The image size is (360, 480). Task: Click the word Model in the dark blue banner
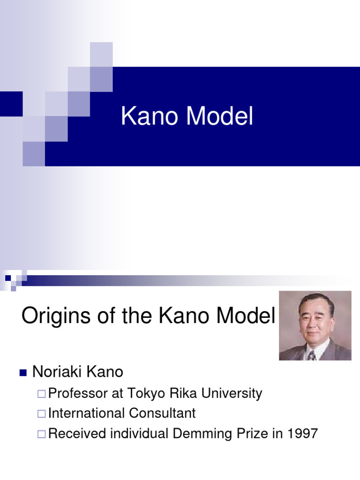tap(220, 117)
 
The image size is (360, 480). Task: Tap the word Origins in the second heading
tap(52, 316)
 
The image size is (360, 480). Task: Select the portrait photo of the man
tap(315, 325)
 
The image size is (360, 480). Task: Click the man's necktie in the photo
tap(312, 355)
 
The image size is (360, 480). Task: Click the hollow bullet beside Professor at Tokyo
tap(42, 394)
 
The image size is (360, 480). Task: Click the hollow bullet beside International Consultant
tap(42, 414)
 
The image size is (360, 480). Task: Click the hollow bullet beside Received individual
tap(42, 434)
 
